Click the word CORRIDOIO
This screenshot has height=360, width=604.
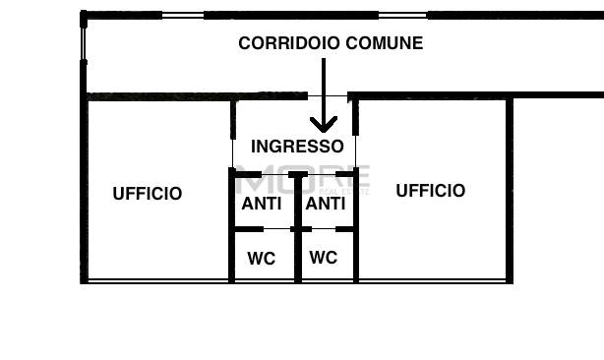pyautogui.click(x=280, y=43)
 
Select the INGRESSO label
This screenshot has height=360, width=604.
pyautogui.click(x=297, y=147)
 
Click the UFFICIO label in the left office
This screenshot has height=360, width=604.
pyautogui.click(x=148, y=194)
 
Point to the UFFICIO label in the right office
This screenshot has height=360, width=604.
pyautogui.click(x=430, y=191)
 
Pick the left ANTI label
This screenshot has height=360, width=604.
pyautogui.click(x=262, y=204)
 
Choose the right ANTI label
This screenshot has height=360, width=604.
pyautogui.click(x=325, y=204)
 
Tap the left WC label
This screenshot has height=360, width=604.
pyautogui.click(x=261, y=259)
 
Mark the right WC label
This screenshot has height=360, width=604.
pyautogui.click(x=324, y=258)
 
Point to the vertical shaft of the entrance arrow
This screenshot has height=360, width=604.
pyautogui.click(x=324, y=89)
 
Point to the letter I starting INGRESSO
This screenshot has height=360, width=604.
pyautogui.click(x=255, y=147)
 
